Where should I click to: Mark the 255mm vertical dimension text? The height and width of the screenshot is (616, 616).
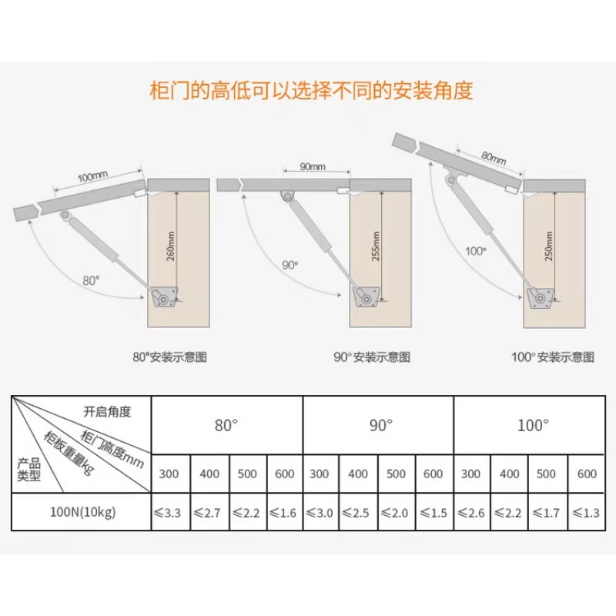[x=375, y=246]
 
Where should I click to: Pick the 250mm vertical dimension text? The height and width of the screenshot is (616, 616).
[x=547, y=246]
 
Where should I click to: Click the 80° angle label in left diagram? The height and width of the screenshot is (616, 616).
[x=92, y=280]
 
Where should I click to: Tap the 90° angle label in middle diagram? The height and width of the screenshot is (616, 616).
[x=290, y=265]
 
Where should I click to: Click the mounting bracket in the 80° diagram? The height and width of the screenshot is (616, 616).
[x=162, y=296]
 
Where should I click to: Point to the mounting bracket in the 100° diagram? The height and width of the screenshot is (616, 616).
[x=539, y=296]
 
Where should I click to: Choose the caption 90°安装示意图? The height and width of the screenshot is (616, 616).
[x=372, y=357]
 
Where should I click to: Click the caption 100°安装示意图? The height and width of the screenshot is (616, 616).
[x=553, y=357]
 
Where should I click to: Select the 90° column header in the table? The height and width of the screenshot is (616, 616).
[x=379, y=425]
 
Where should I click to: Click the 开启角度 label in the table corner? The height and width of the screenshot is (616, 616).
[x=108, y=411]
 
